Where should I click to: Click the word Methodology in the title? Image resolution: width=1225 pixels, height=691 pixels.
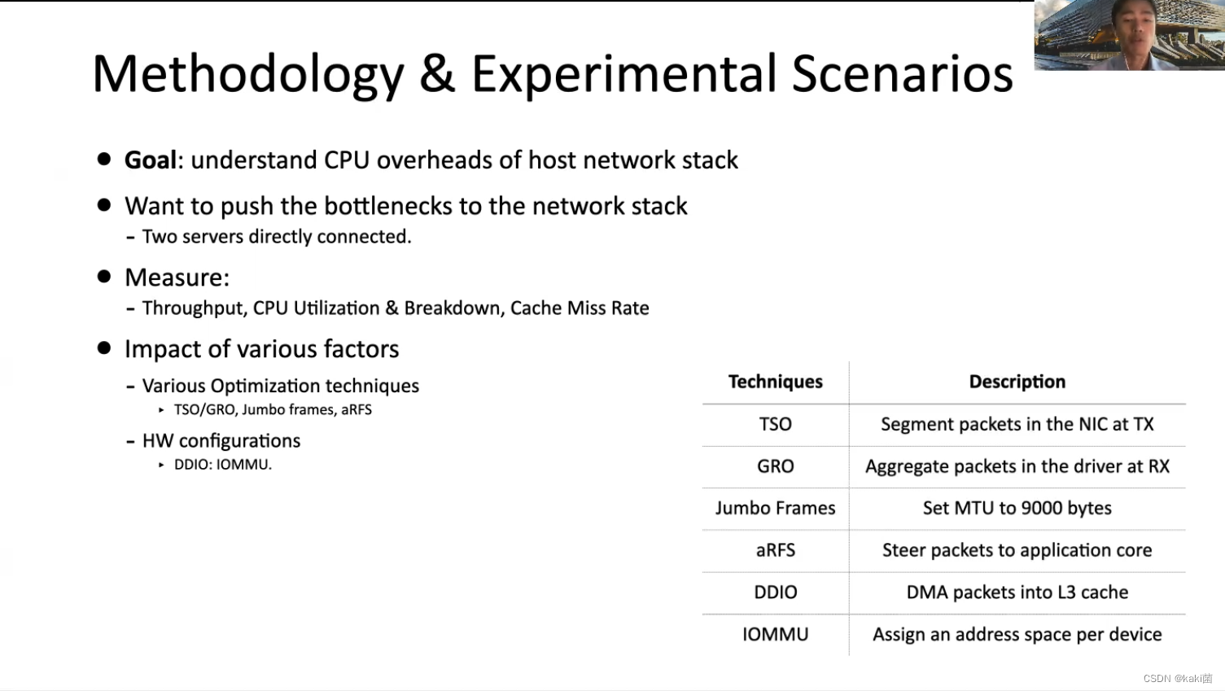tap(248, 75)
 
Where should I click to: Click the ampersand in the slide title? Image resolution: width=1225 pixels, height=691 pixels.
tap(437, 73)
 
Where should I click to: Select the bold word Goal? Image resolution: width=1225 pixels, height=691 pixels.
tap(151, 160)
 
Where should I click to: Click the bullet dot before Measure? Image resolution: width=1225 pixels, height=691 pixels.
tap(104, 277)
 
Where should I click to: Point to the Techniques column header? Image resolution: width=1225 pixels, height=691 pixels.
tap(775, 382)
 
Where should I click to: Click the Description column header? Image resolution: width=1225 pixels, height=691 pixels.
tap(1017, 382)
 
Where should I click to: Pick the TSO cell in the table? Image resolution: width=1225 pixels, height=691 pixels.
tap(775, 424)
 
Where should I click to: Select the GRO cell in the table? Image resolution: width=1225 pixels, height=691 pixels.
tap(775, 466)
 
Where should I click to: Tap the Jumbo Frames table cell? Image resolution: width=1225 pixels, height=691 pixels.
tap(775, 509)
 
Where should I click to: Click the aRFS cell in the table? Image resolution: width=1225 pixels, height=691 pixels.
tap(775, 550)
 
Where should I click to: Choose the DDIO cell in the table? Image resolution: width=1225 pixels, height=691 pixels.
tap(775, 593)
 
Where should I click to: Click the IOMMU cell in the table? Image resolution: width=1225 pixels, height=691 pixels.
tap(775, 635)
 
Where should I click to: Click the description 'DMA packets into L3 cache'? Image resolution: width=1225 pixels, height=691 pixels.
tap(1017, 593)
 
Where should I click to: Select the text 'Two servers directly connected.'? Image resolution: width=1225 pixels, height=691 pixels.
tap(277, 237)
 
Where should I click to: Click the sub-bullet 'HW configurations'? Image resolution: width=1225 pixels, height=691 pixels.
tap(221, 441)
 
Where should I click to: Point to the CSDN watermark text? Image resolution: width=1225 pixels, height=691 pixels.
tap(1177, 679)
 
